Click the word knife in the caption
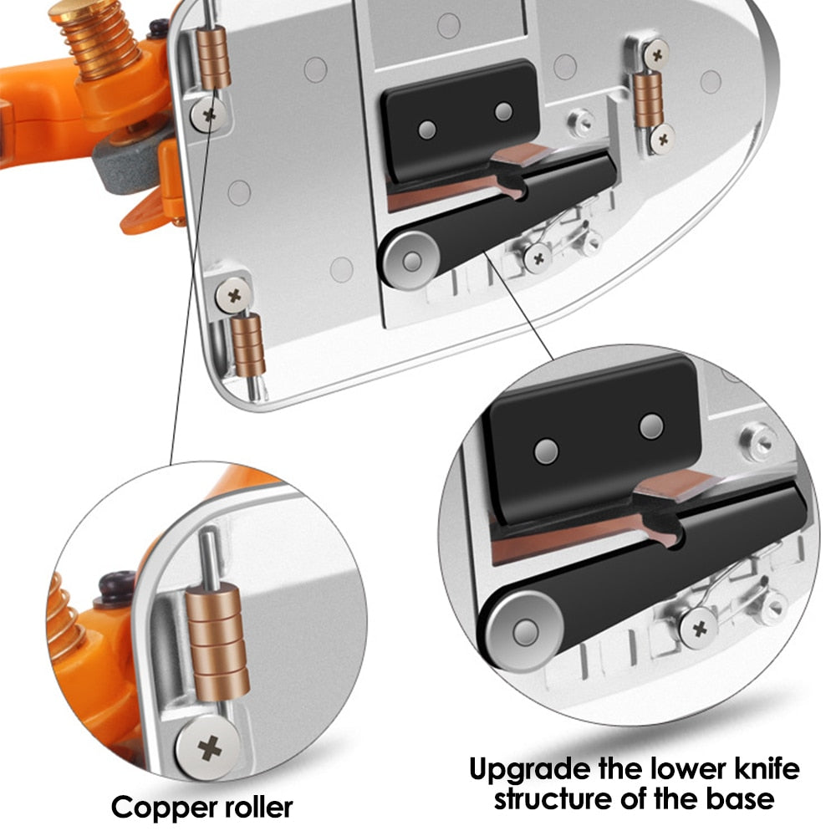coord(767,769)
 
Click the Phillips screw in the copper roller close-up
coord(210,748)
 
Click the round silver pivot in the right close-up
coord(525,632)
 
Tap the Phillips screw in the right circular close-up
coord(699,630)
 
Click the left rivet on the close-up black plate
coord(546,451)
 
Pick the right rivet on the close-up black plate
coord(651,426)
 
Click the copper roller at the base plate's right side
coord(649,99)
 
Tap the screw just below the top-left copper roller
coord(209,114)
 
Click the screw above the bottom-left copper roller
coord(234,295)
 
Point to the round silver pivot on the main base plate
coord(411,261)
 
